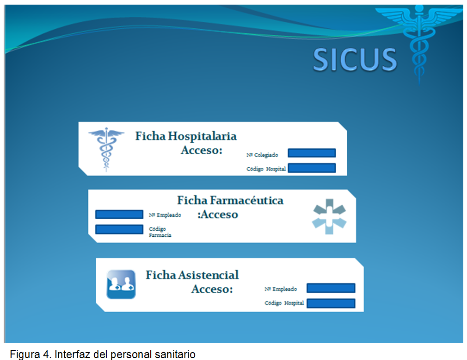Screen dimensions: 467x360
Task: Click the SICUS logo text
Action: pyautogui.click(x=355, y=60)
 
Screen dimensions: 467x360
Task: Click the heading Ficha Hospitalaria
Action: pyautogui.click(x=186, y=136)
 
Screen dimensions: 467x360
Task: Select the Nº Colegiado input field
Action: pyautogui.click(x=312, y=153)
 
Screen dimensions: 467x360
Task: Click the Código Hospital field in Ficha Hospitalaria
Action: pyautogui.click(x=312, y=168)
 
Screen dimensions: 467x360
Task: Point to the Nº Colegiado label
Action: pyautogui.click(x=262, y=155)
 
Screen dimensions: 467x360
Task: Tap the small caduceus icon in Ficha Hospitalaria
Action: pyautogui.click(x=106, y=150)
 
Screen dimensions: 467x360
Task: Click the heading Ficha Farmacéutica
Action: pyautogui.click(x=230, y=200)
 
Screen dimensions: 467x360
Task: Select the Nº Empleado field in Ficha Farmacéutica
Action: pyautogui.click(x=119, y=215)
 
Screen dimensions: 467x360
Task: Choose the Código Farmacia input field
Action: pyautogui.click(x=119, y=229)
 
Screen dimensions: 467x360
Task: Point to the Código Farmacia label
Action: pyautogui.click(x=160, y=232)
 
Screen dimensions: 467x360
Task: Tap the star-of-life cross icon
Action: pyautogui.click(x=329, y=216)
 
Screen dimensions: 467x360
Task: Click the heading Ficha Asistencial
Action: pyautogui.click(x=192, y=275)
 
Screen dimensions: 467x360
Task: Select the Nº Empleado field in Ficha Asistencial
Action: pyautogui.click(x=331, y=288)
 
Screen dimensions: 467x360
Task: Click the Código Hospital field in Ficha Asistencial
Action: pyautogui.click(x=331, y=303)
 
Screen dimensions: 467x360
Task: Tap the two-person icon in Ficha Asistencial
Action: pyautogui.click(x=121, y=284)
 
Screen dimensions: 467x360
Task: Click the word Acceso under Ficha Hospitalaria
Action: pyautogui.click(x=202, y=150)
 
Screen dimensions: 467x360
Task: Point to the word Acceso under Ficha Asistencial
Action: pyautogui.click(x=212, y=289)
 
